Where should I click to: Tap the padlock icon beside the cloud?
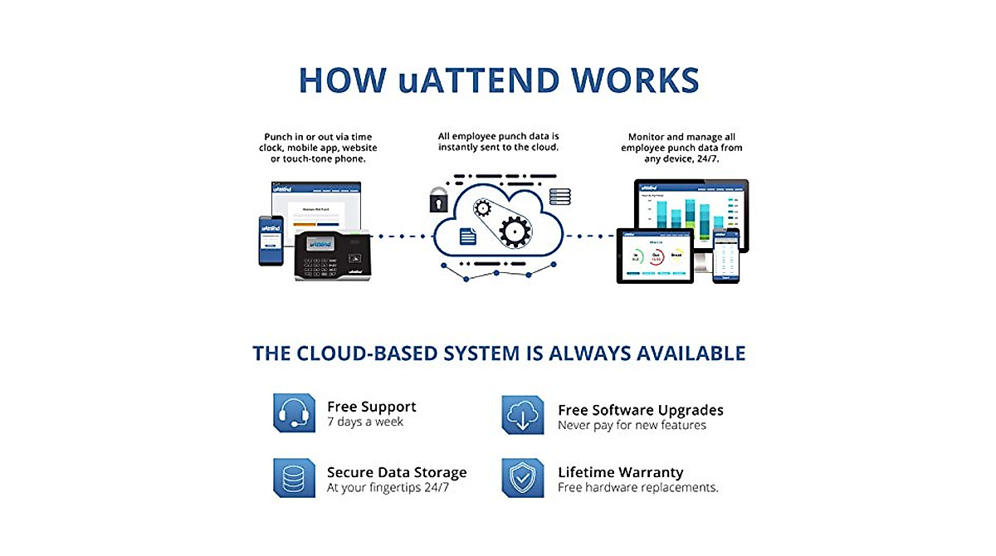pos(437,200)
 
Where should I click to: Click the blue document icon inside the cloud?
pos(468,236)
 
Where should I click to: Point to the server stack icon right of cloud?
pos(559,197)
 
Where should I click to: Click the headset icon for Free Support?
pos(294,413)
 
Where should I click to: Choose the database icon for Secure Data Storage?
pos(294,478)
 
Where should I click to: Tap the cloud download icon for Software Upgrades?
pos(523,415)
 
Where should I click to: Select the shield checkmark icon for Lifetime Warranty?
pos(523,478)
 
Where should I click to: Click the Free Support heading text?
pos(371,407)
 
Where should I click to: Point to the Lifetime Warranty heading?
pos(620,472)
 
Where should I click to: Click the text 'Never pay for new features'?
pos(632,425)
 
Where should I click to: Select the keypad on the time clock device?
pos(319,265)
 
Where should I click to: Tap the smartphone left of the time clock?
pos(271,240)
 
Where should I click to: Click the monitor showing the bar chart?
pos(691,212)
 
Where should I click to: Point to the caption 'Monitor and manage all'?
pos(681,137)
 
